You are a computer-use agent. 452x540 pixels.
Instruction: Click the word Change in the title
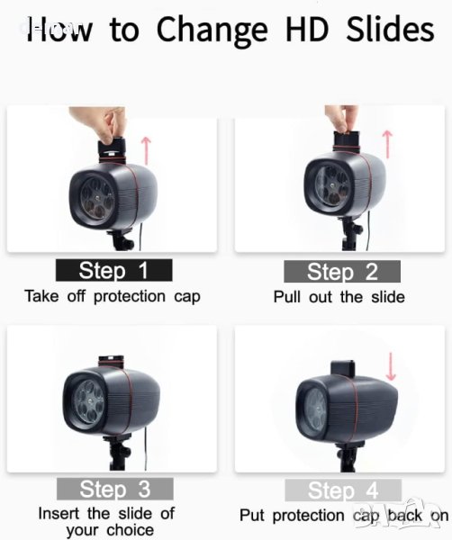[212, 31]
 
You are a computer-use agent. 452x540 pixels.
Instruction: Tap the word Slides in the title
[390, 29]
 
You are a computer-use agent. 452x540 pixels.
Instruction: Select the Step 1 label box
[114, 270]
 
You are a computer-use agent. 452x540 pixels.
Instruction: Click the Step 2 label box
[342, 272]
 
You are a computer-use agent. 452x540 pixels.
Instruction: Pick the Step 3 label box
[115, 489]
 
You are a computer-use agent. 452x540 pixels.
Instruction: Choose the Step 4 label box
[343, 490]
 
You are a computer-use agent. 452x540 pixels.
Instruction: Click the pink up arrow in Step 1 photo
[147, 150]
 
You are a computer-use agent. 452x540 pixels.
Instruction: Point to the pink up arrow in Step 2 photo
[388, 144]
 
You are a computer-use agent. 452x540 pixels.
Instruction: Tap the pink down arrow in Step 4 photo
[391, 366]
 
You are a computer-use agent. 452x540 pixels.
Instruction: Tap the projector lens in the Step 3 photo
[89, 401]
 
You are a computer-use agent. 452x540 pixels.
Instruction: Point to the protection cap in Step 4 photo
[342, 369]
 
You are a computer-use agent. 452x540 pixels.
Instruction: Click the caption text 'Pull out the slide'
[339, 297]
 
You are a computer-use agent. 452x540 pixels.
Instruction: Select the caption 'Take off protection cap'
[113, 297]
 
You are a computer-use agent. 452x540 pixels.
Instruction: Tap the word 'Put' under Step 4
[252, 516]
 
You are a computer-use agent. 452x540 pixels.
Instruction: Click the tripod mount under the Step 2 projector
[351, 233]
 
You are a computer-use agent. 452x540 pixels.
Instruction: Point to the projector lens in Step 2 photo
[331, 186]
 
